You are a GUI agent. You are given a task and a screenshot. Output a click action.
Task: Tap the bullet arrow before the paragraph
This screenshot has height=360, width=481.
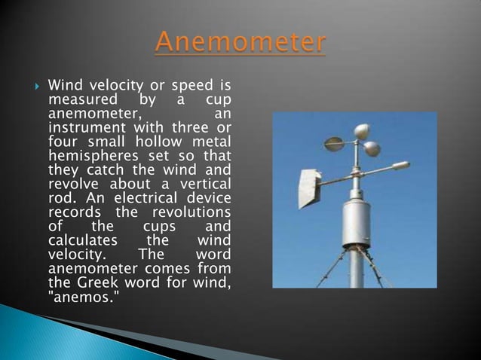(31, 85)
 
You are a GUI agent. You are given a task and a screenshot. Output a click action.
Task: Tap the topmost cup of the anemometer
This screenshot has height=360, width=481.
(361, 131)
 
